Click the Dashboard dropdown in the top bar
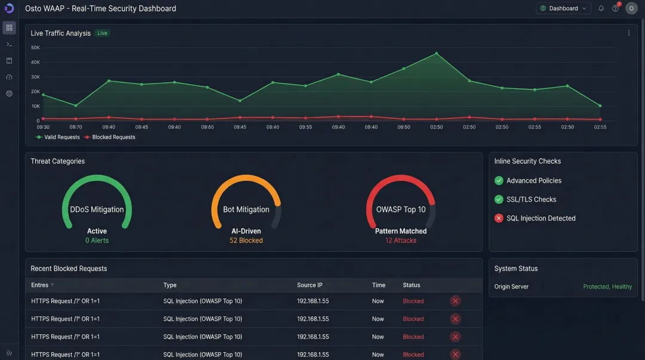click(x=563, y=8)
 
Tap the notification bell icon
click(x=601, y=8)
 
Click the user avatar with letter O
click(x=631, y=8)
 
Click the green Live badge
click(x=102, y=33)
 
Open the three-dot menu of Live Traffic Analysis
click(x=628, y=33)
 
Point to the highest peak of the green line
click(x=437, y=53)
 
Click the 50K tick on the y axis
click(x=35, y=48)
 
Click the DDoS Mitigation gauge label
click(x=97, y=210)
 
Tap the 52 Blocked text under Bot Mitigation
click(x=246, y=241)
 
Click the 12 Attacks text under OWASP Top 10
click(x=401, y=241)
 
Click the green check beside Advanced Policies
click(x=499, y=180)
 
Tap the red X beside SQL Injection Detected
click(x=499, y=219)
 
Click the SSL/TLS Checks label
click(x=531, y=199)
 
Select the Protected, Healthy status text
click(x=607, y=287)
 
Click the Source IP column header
click(x=309, y=285)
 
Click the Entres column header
click(x=40, y=285)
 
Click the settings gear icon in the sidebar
click(x=9, y=94)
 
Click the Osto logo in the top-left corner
click(x=9, y=8)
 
